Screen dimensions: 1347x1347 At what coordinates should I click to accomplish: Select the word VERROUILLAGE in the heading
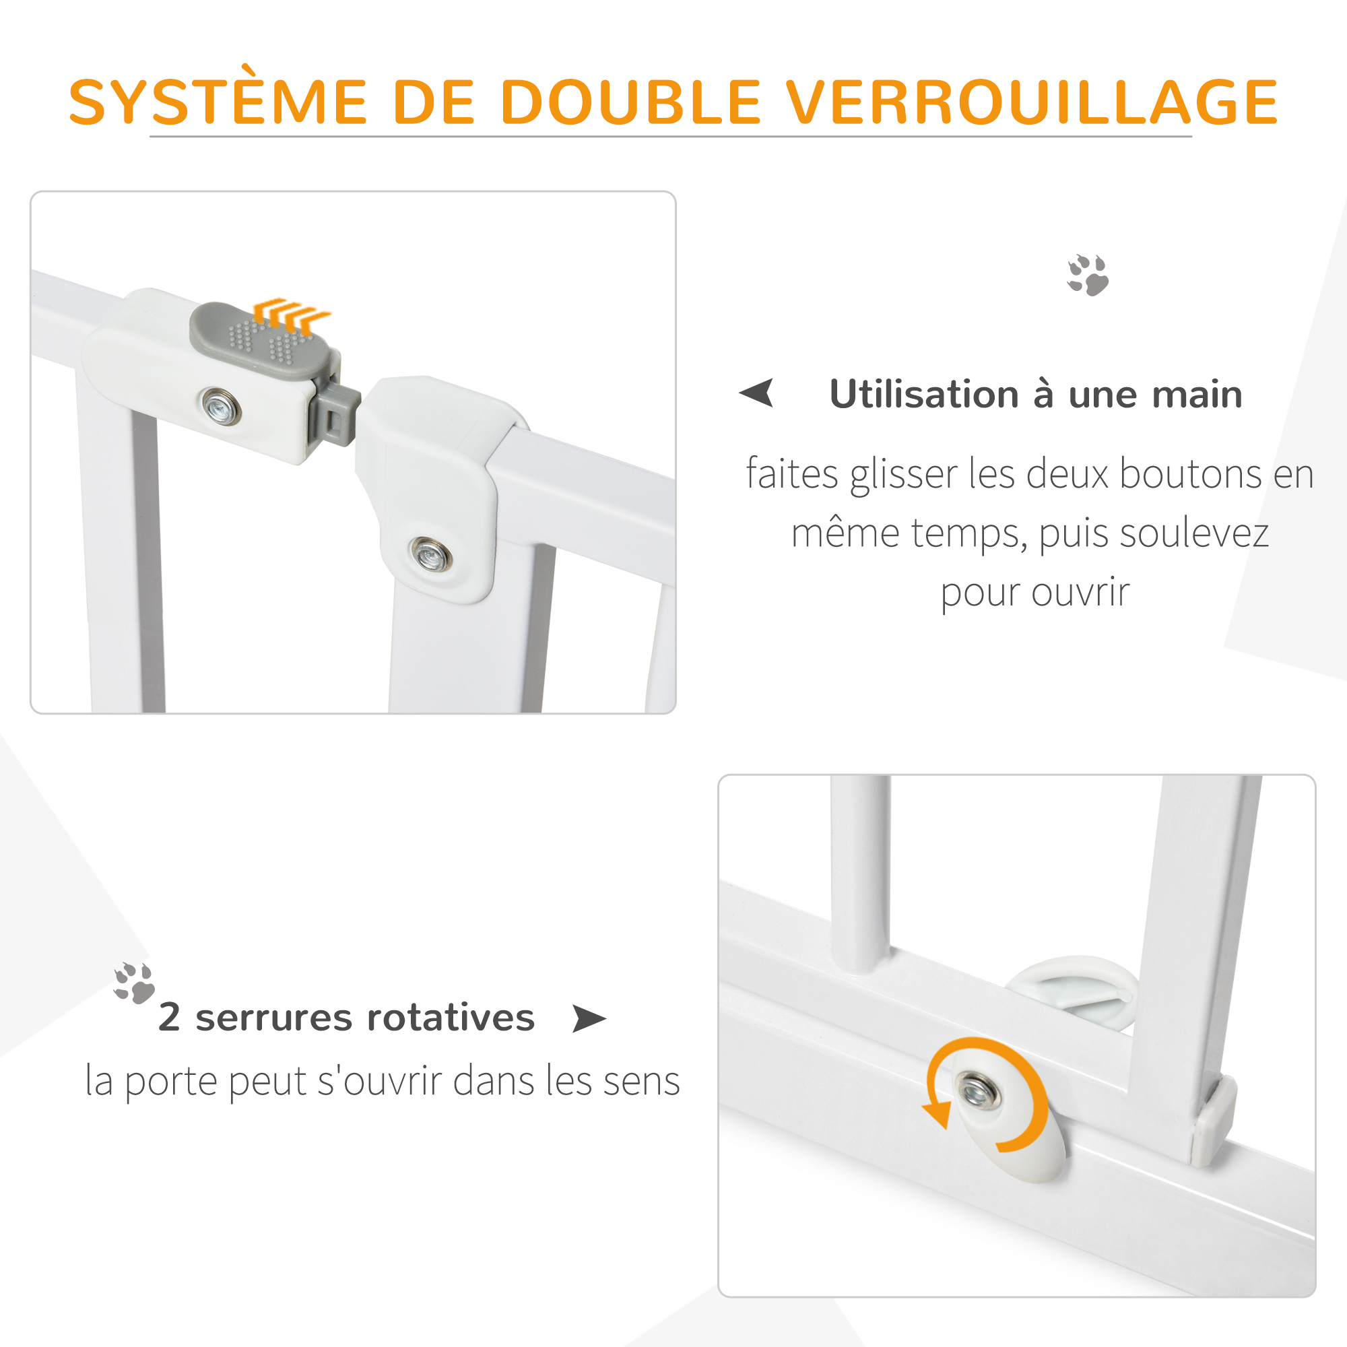tap(1033, 102)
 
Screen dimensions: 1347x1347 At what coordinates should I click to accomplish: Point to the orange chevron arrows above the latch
tap(292, 314)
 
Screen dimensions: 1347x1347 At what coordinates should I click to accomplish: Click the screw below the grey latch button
tap(221, 405)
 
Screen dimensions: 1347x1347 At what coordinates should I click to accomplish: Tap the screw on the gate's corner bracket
tap(431, 555)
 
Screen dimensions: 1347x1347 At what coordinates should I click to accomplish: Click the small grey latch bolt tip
tap(339, 418)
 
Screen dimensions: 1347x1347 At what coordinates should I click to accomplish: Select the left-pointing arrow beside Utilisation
tap(757, 393)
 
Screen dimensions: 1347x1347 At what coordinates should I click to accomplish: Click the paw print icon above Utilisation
tap(1088, 275)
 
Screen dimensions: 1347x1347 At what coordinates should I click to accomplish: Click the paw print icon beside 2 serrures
tap(134, 983)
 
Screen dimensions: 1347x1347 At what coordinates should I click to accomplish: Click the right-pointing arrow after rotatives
tap(589, 1018)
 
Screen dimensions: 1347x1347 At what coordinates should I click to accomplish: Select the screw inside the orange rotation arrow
tap(977, 1092)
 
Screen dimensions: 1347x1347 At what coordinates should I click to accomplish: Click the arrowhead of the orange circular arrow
tap(937, 1115)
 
